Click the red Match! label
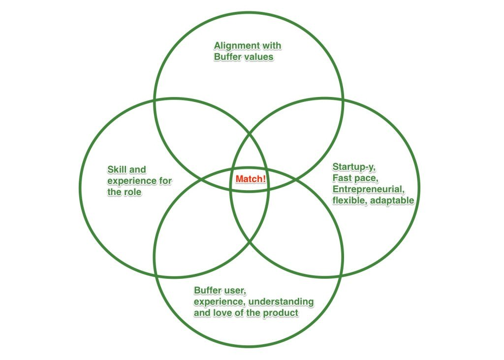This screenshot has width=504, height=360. (251, 179)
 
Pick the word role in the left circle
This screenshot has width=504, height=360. (131, 192)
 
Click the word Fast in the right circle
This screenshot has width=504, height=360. (342, 177)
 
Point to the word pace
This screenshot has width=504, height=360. (365, 178)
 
